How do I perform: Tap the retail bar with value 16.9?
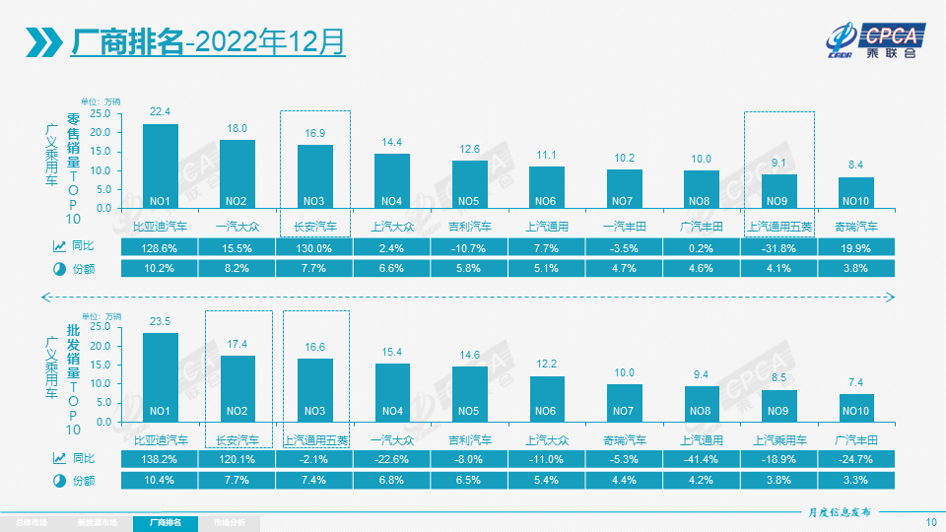(314, 176)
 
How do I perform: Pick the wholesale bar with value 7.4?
(856, 408)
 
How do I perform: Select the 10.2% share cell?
(161, 268)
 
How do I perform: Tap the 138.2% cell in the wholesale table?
(161, 458)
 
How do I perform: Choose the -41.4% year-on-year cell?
(702, 458)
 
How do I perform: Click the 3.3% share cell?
(856, 480)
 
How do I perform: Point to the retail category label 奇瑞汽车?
(856, 226)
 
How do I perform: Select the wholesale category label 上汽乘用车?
(778, 438)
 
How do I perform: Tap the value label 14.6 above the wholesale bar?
(470, 356)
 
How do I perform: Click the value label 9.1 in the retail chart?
(778, 165)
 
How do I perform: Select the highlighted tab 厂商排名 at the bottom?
(165, 523)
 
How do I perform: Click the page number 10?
(931, 522)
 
